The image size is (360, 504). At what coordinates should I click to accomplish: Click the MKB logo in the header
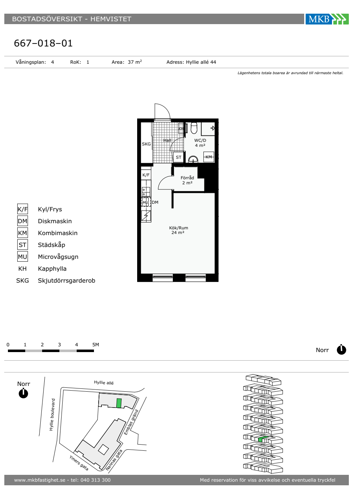coord(327,19)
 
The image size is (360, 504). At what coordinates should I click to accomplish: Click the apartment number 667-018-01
coord(44,43)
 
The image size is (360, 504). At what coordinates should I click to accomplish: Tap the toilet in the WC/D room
coord(194,128)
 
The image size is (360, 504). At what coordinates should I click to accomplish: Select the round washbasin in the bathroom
coord(193,159)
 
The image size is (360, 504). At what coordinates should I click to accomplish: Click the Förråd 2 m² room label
coord(187,180)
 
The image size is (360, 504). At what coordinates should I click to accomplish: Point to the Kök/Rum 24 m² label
coord(179,230)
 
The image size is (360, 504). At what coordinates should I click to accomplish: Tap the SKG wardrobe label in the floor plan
coord(146,144)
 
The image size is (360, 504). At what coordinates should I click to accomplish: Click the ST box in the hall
coord(179,157)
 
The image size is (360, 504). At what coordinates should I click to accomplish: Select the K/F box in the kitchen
coord(146,175)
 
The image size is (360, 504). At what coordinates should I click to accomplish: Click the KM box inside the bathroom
coord(208,157)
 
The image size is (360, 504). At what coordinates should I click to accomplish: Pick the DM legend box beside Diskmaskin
coord(22,221)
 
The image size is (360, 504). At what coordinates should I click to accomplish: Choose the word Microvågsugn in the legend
coord(58,257)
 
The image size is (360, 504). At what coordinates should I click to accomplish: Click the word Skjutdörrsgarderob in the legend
coord(67,280)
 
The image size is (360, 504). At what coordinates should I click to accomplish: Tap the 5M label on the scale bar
coord(96,345)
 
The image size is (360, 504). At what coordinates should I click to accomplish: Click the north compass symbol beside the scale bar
coord(341,350)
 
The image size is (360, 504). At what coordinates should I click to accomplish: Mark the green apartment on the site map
coord(119,403)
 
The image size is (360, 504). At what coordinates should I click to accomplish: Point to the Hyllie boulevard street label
coord(52,415)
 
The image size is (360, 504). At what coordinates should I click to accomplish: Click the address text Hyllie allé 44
coord(201,62)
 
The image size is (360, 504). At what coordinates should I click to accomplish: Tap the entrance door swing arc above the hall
coord(166,109)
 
